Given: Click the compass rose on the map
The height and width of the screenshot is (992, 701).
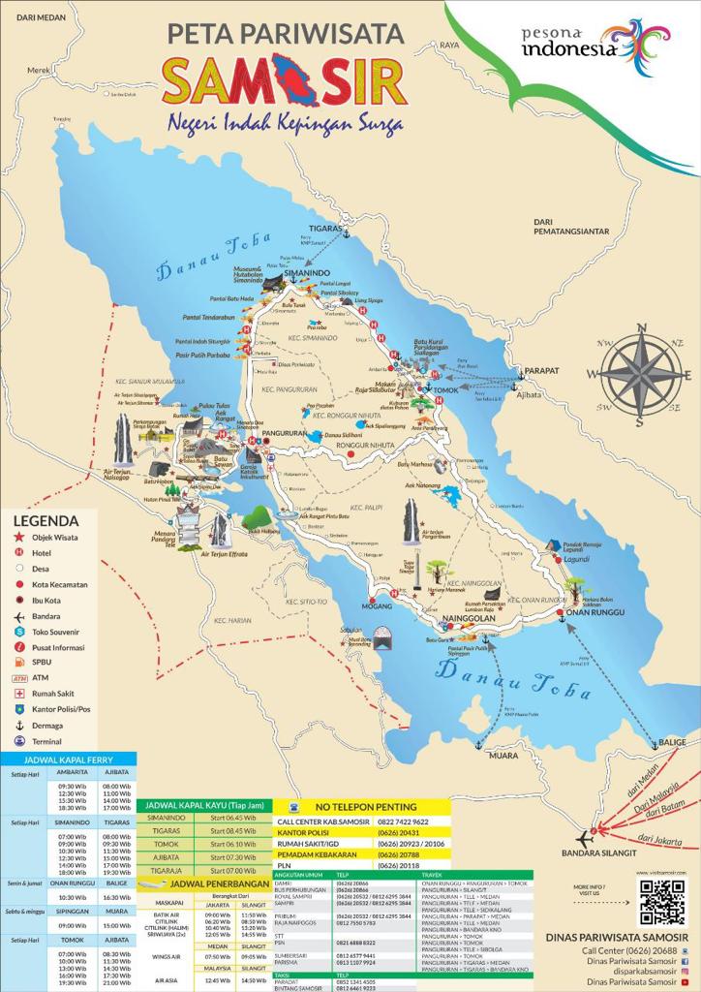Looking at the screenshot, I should pos(639,373).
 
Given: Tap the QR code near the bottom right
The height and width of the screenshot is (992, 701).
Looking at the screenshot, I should pos(662,902).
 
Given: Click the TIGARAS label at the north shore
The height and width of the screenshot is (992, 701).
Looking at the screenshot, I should pos(326,229).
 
